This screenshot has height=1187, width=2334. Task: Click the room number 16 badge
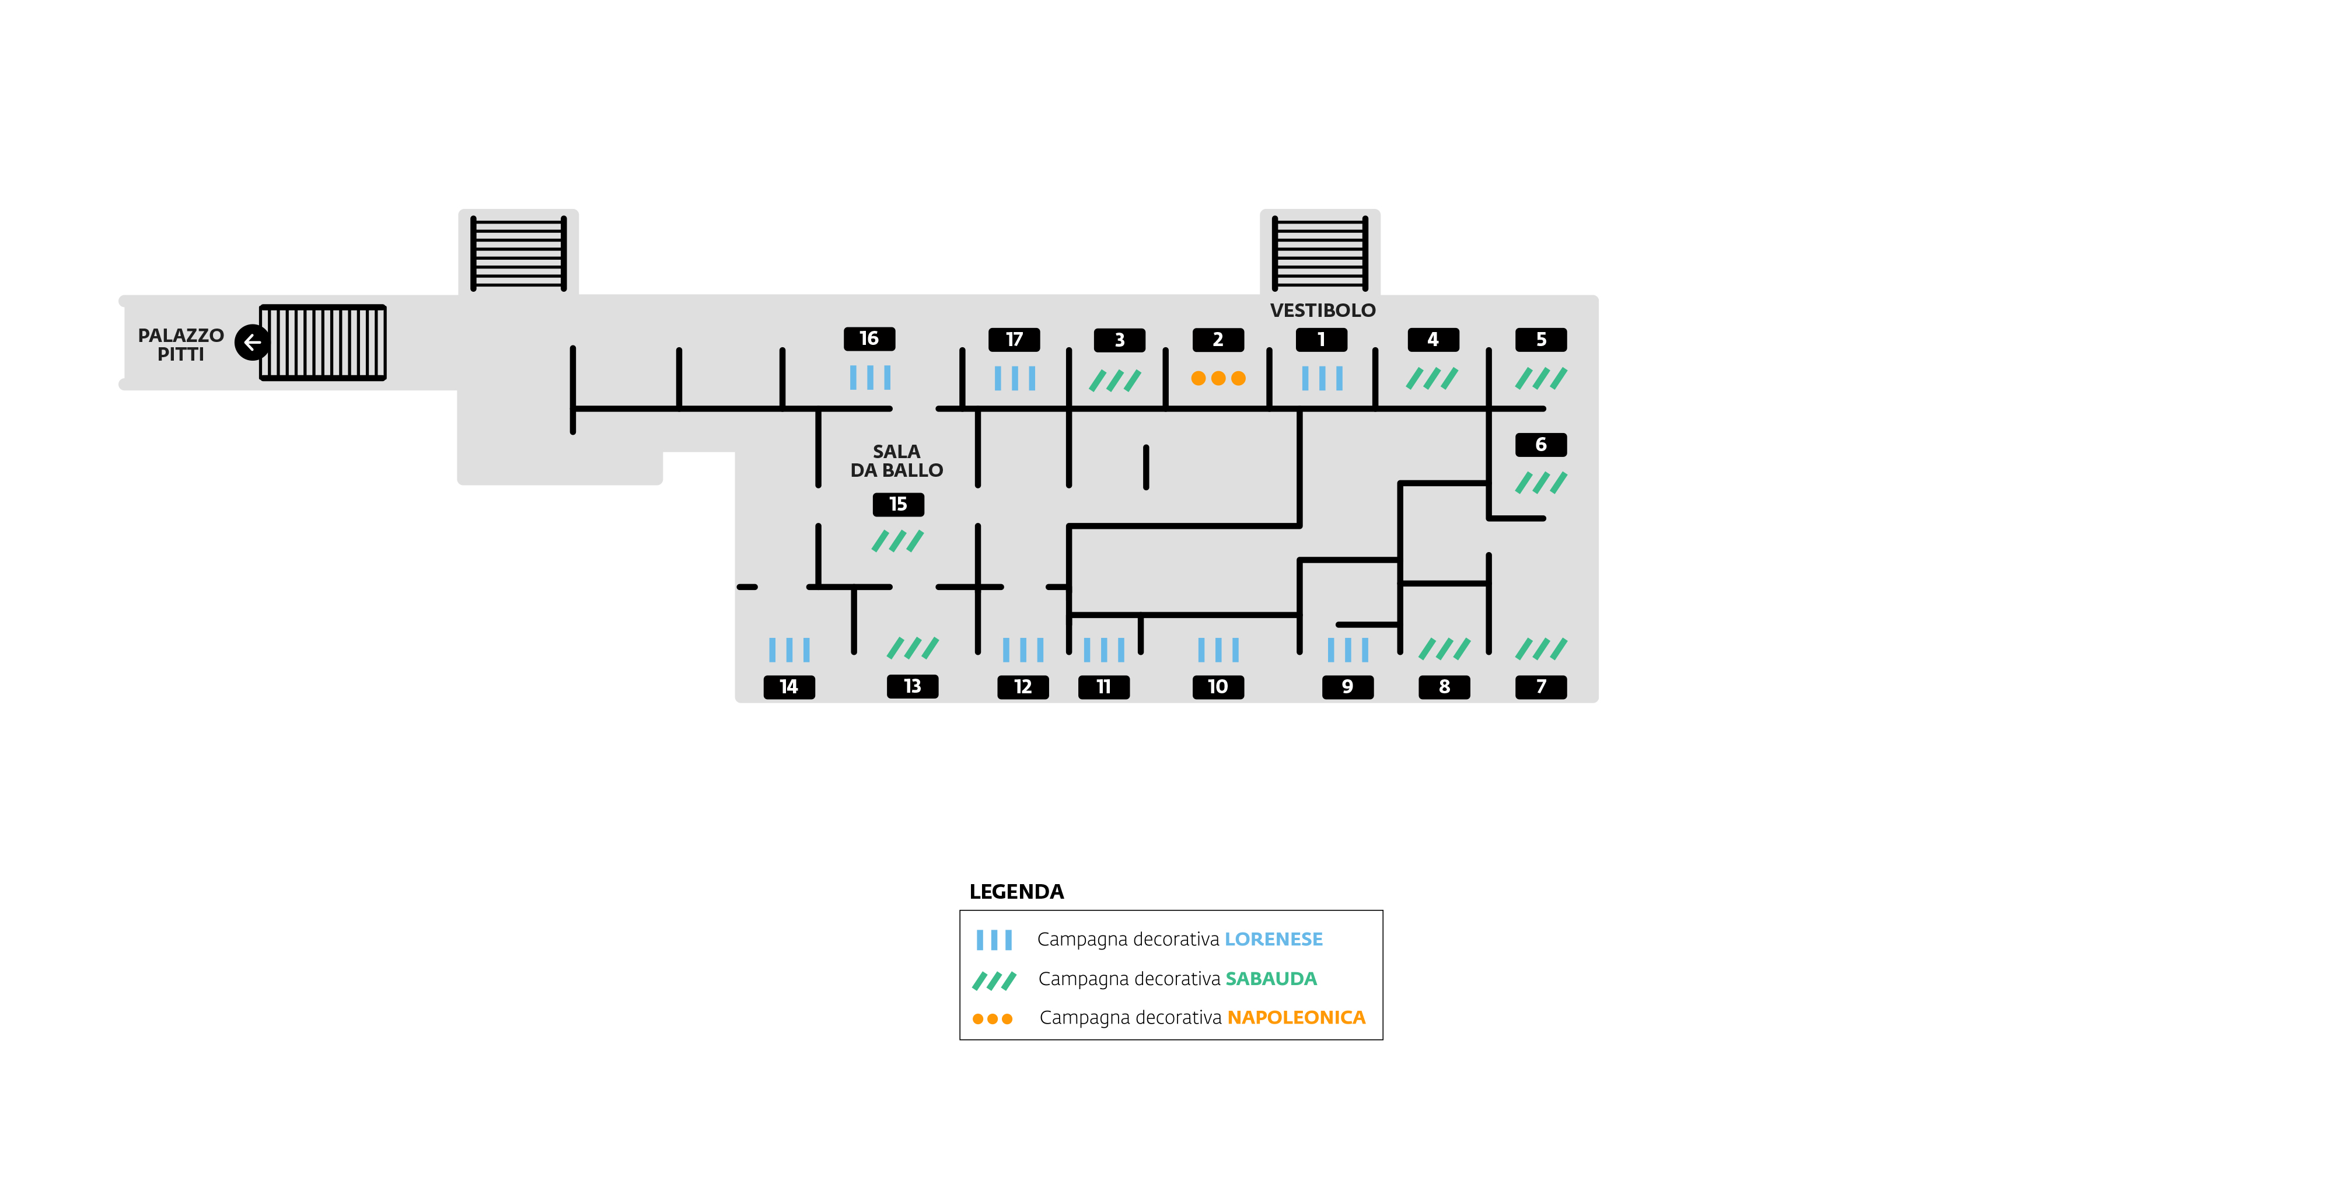(869, 339)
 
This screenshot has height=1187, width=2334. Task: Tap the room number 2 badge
(1218, 340)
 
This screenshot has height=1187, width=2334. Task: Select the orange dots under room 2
(1218, 378)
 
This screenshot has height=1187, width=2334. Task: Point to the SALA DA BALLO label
(896, 460)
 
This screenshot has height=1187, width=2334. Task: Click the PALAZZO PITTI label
(180, 344)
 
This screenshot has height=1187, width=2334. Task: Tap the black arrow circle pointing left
(252, 343)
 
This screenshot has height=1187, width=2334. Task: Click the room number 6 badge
(1540, 445)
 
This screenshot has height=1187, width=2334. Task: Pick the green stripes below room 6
(1540, 482)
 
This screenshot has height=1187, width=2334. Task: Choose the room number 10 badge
(1218, 687)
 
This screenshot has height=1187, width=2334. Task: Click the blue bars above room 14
(789, 649)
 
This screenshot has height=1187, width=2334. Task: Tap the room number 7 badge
(1540, 687)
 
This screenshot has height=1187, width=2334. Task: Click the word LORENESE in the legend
(1273, 939)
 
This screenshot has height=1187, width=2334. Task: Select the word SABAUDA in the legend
(1270, 979)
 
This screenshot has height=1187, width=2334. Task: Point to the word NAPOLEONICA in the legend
(1295, 1018)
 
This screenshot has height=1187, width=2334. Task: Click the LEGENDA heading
(1016, 892)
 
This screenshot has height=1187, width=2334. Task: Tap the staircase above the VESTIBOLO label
(1319, 253)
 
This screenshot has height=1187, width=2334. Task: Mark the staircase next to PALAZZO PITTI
(323, 343)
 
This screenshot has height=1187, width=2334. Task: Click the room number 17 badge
(1014, 340)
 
